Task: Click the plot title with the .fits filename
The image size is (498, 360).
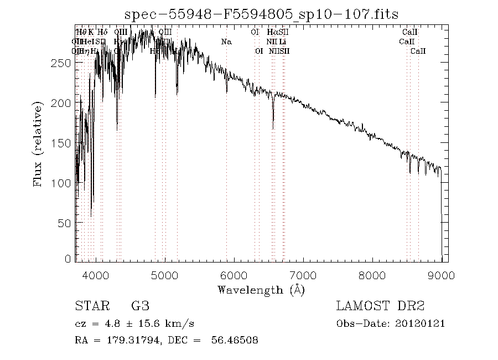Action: click(261, 14)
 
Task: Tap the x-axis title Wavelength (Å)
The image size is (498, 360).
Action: click(261, 290)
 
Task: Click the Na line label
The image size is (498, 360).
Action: click(226, 42)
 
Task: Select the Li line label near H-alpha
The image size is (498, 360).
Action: click(282, 42)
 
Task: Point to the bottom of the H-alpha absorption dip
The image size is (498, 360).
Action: click(273, 128)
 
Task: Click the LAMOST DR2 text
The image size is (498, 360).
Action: click(380, 306)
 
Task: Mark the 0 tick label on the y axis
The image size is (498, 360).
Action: click(69, 259)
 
